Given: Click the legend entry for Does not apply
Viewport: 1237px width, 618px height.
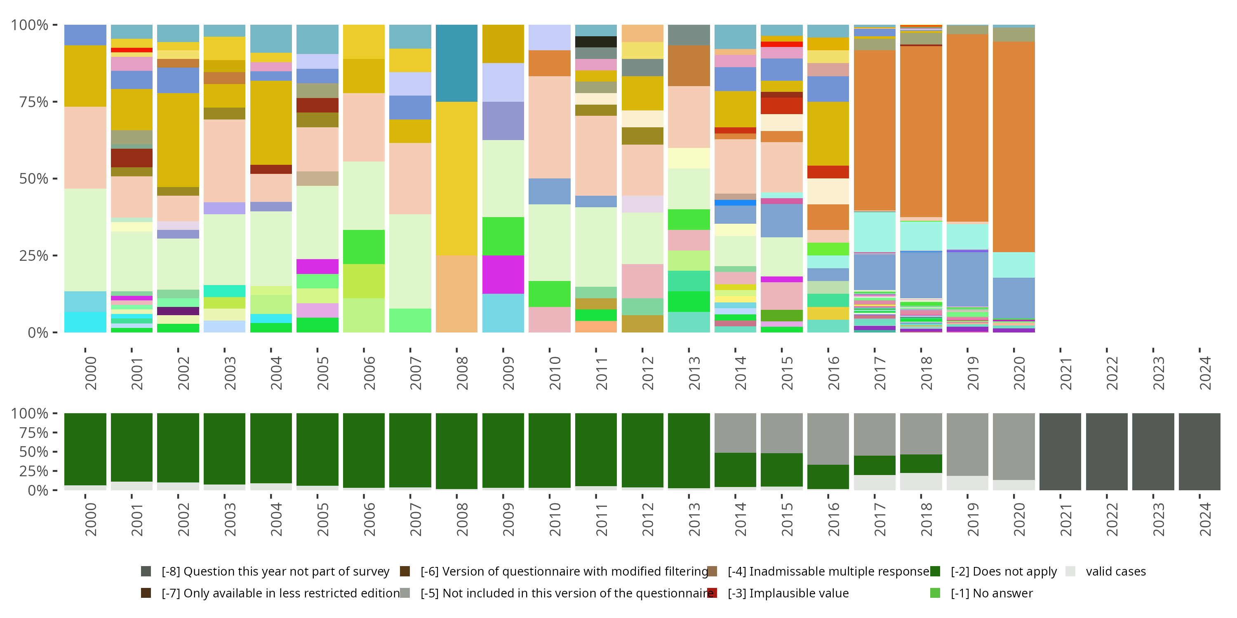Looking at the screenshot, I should [1003, 571].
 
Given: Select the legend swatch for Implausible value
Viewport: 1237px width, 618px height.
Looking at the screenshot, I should [712, 593].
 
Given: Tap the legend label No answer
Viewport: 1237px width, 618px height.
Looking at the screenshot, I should [991, 593].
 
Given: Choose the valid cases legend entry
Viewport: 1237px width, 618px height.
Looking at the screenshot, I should [1115, 571].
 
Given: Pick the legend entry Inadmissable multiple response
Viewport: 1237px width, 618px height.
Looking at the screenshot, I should [828, 571].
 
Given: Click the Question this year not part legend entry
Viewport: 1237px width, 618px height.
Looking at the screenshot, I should [275, 571].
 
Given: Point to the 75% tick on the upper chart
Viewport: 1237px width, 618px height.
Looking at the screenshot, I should [34, 102].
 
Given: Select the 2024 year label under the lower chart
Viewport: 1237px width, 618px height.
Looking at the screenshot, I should [1205, 520].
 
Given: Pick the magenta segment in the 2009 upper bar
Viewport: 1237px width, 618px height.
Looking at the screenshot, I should [503, 274].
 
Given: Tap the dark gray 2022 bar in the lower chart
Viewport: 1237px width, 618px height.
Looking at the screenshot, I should [1106, 452].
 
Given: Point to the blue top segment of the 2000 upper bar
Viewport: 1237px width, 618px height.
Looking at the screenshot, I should [85, 35].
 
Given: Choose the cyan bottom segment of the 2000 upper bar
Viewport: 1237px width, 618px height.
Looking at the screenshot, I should [85, 322].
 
